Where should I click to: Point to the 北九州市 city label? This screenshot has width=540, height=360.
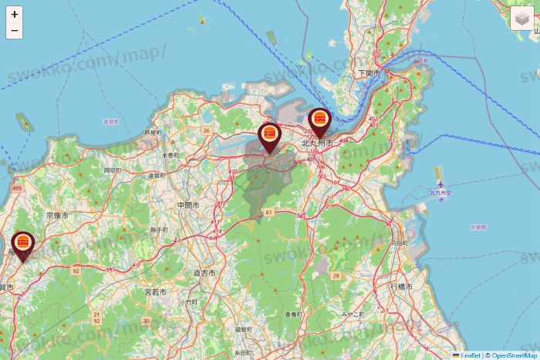(x=316, y=143)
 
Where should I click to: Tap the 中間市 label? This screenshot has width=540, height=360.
(x=188, y=206)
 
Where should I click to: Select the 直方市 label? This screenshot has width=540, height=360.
(x=204, y=273)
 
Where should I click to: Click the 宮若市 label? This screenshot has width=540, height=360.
(x=156, y=292)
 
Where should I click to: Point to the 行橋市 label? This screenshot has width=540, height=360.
(x=401, y=287)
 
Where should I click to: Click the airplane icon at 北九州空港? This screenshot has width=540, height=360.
(x=440, y=184)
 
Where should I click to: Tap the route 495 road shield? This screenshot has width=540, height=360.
(x=17, y=187)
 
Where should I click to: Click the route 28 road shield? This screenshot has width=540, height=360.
(x=336, y=275)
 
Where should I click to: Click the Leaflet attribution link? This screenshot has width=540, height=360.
(x=470, y=355)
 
